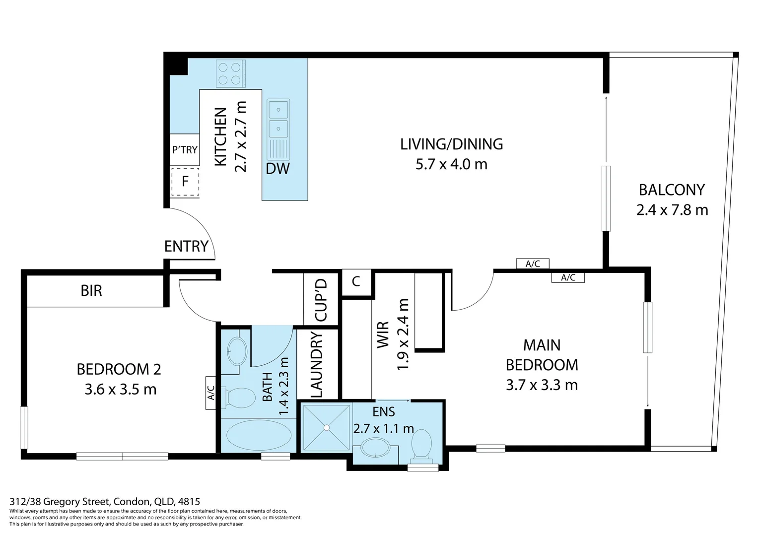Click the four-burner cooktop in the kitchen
coord(230,73)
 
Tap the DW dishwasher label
coord(277,169)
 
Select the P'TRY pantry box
coord(184,150)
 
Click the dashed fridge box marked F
coord(185,182)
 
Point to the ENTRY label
coord(186,246)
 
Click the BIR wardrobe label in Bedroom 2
coord(91,291)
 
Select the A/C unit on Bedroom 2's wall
coord(211,393)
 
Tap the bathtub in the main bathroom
coord(259,436)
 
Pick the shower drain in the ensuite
coord(326,428)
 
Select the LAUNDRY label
coord(317,365)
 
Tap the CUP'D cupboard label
coord(321,300)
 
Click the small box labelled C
coord(356,282)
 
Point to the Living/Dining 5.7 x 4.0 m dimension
coord(451,165)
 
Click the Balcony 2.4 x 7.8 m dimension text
coord(672,210)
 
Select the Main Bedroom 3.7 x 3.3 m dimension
coord(542,385)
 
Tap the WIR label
coord(383,335)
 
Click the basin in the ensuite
coord(375,448)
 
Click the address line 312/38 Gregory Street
coord(105,501)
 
